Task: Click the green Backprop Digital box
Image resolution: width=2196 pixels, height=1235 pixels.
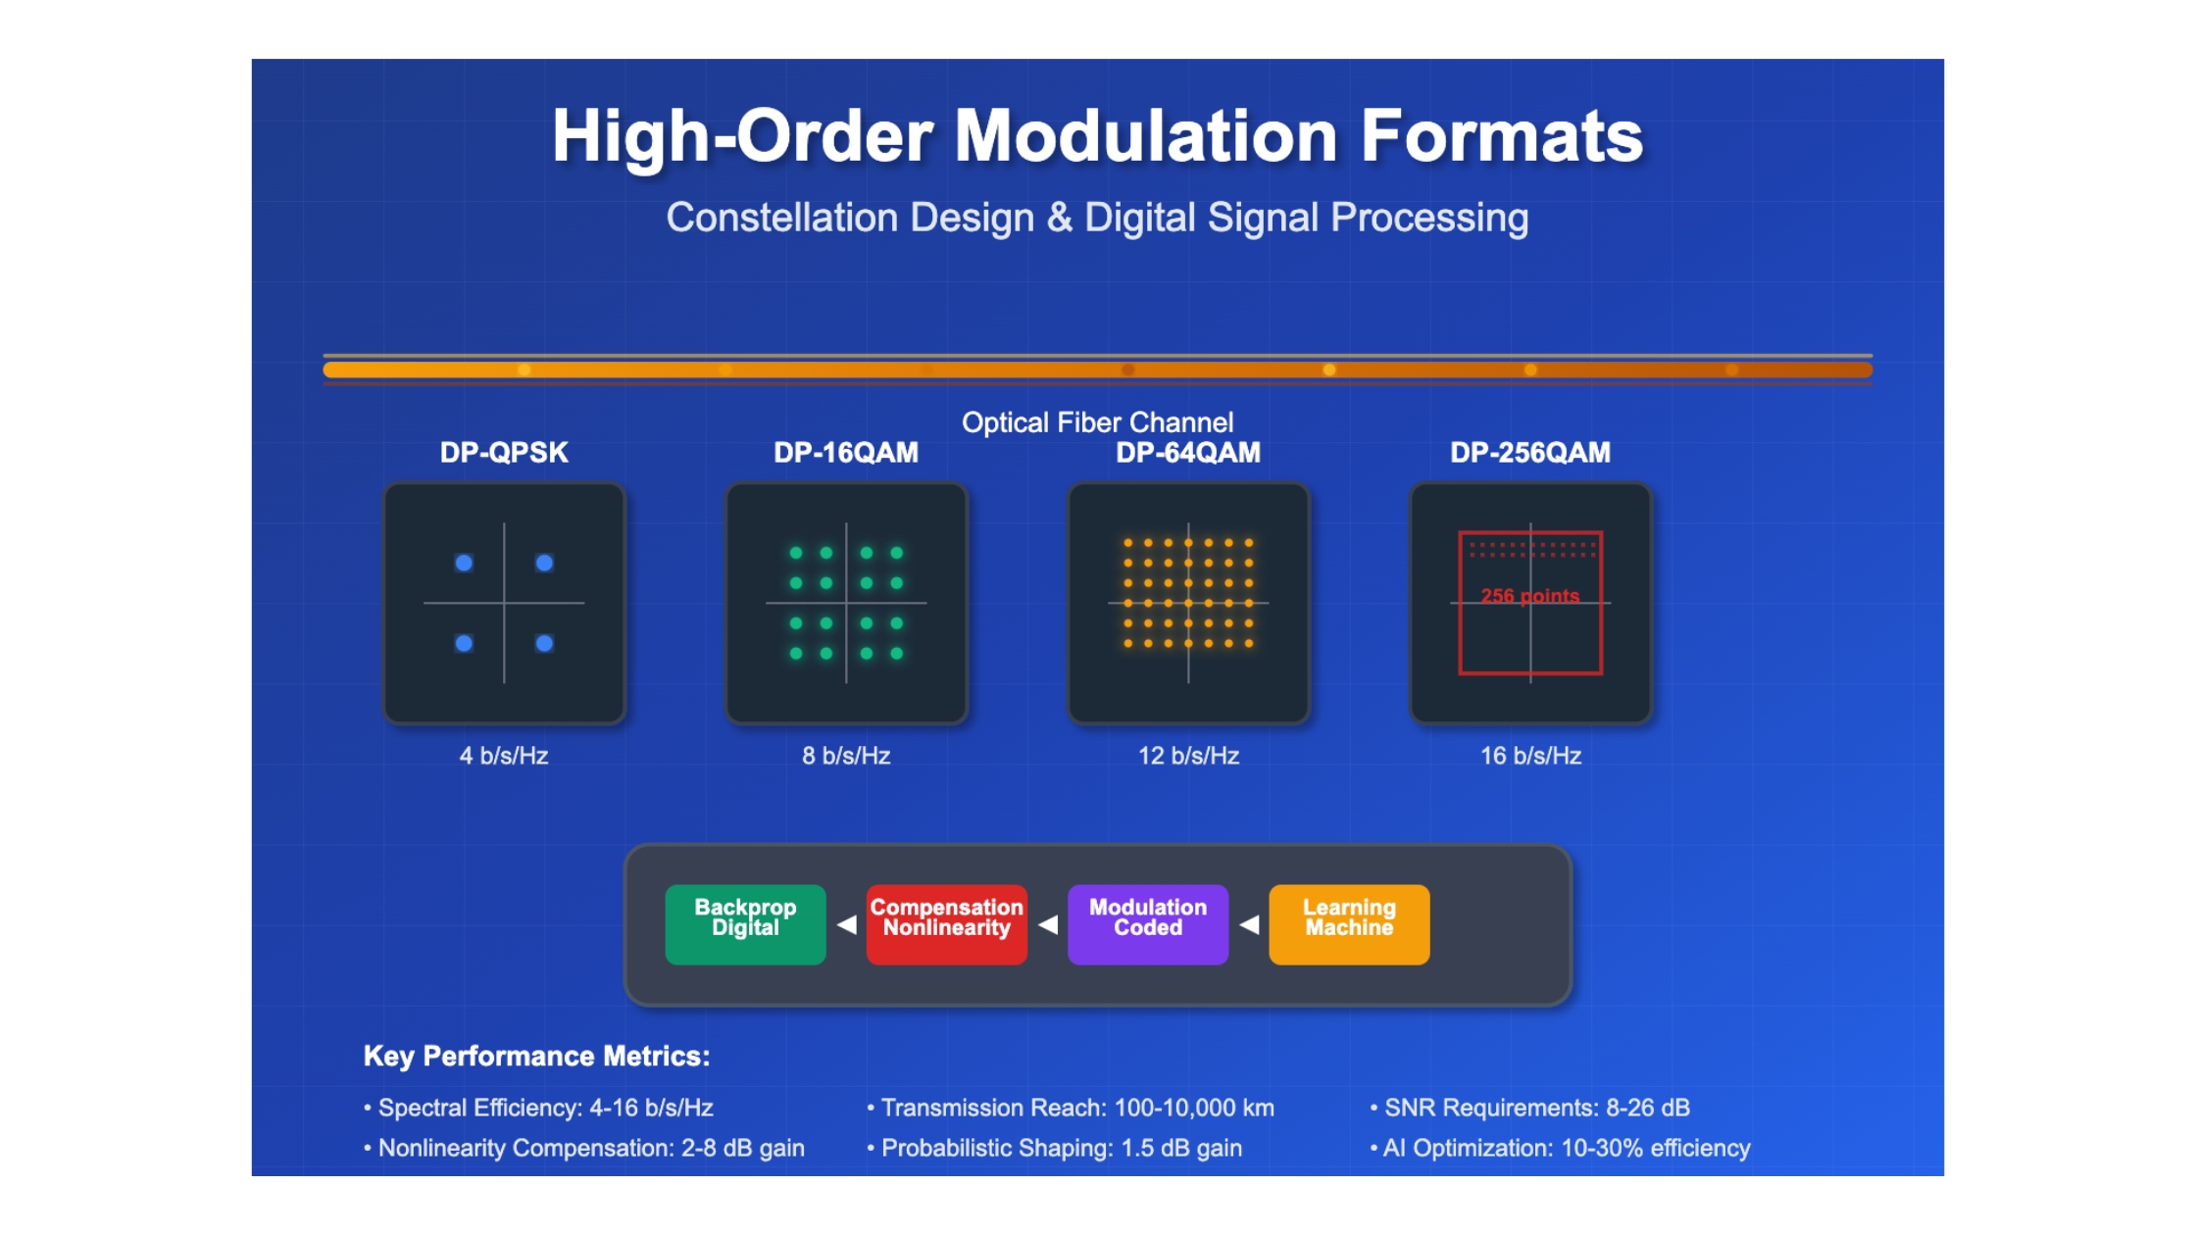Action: [x=745, y=924]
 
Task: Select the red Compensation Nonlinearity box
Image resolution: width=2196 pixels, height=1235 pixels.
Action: [x=947, y=924]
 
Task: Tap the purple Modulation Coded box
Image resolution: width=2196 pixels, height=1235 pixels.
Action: [x=1148, y=924]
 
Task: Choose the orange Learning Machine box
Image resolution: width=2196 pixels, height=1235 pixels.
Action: [x=1349, y=924]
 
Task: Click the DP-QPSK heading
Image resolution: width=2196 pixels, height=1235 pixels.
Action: [x=504, y=453]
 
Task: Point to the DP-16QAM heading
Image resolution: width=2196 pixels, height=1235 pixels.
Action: [x=846, y=453]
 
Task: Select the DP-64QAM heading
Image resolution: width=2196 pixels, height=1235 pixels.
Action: [x=1188, y=453]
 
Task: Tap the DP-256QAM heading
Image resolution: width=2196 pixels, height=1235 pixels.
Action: [x=1530, y=453]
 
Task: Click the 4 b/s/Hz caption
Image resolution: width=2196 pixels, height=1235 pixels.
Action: [x=504, y=756]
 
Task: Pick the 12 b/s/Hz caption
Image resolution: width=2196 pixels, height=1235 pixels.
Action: [x=1188, y=756]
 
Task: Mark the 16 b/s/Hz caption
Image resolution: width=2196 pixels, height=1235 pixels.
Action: [x=1530, y=756]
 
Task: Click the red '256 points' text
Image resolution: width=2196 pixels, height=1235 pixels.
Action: [x=1530, y=596]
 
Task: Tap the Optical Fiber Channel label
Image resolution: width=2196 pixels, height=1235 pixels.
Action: [x=1097, y=422]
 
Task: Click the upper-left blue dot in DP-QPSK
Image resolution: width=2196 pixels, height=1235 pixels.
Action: [x=464, y=563]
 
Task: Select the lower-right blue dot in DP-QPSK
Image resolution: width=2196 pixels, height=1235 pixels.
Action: [x=544, y=643]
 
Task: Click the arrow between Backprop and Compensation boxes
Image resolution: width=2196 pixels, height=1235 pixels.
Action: [x=847, y=924]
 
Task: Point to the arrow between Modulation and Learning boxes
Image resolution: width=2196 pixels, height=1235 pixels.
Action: [x=1249, y=924]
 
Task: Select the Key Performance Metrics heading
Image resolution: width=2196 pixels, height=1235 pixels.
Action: [x=536, y=1056]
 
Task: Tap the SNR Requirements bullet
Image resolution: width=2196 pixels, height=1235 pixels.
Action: [x=1530, y=1108]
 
